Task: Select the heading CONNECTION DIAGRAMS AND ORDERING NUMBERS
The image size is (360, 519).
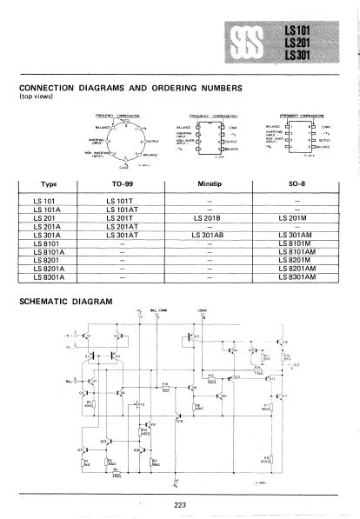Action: pyautogui.click(x=130, y=88)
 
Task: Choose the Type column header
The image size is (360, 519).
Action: pyautogui.click(x=49, y=183)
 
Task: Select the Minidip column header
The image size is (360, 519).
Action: pyautogui.click(x=210, y=183)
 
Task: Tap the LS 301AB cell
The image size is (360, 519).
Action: pyautogui.click(x=210, y=235)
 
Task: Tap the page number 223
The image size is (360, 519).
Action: pyautogui.click(x=179, y=503)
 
